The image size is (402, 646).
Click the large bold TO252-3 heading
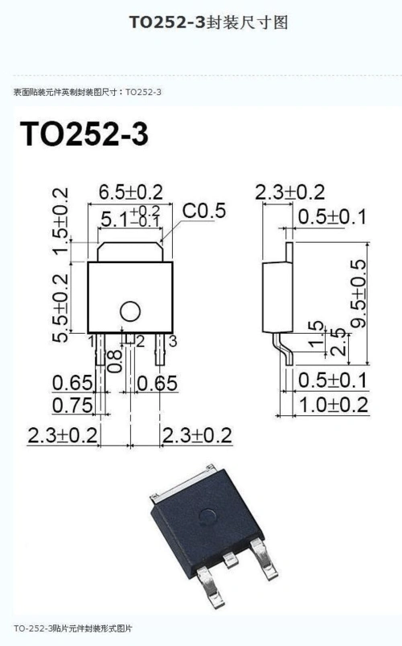[x=84, y=134]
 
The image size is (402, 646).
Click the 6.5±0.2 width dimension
[x=131, y=192]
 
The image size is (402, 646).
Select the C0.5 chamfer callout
[x=204, y=211]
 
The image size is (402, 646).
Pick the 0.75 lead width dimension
[x=72, y=405]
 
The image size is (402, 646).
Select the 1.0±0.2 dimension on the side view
[x=333, y=405]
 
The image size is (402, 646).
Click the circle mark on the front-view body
[x=130, y=311]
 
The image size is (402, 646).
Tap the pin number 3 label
[x=173, y=341]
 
